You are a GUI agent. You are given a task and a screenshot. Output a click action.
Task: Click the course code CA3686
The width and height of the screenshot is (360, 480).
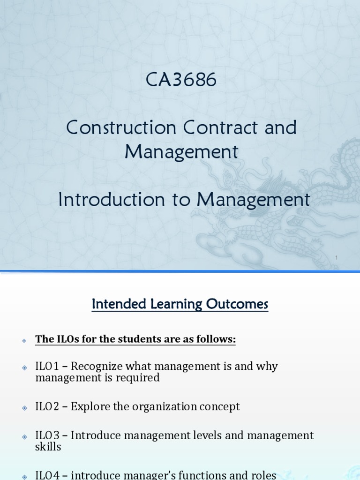(x=181, y=81)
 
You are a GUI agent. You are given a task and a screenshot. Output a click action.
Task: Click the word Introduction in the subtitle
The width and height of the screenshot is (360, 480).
(x=106, y=200)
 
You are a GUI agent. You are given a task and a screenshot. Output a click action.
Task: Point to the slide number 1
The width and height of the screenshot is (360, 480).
(x=336, y=258)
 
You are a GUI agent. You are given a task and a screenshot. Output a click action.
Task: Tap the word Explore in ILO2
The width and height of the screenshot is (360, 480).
(x=90, y=406)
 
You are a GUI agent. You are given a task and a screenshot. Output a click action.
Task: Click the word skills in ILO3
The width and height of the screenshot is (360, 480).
(x=48, y=447)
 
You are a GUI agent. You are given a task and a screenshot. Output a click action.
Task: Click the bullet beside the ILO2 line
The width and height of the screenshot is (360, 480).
(x=24, y=408)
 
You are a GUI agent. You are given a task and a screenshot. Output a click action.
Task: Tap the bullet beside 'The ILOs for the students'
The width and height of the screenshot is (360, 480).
(x=24, y=341)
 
